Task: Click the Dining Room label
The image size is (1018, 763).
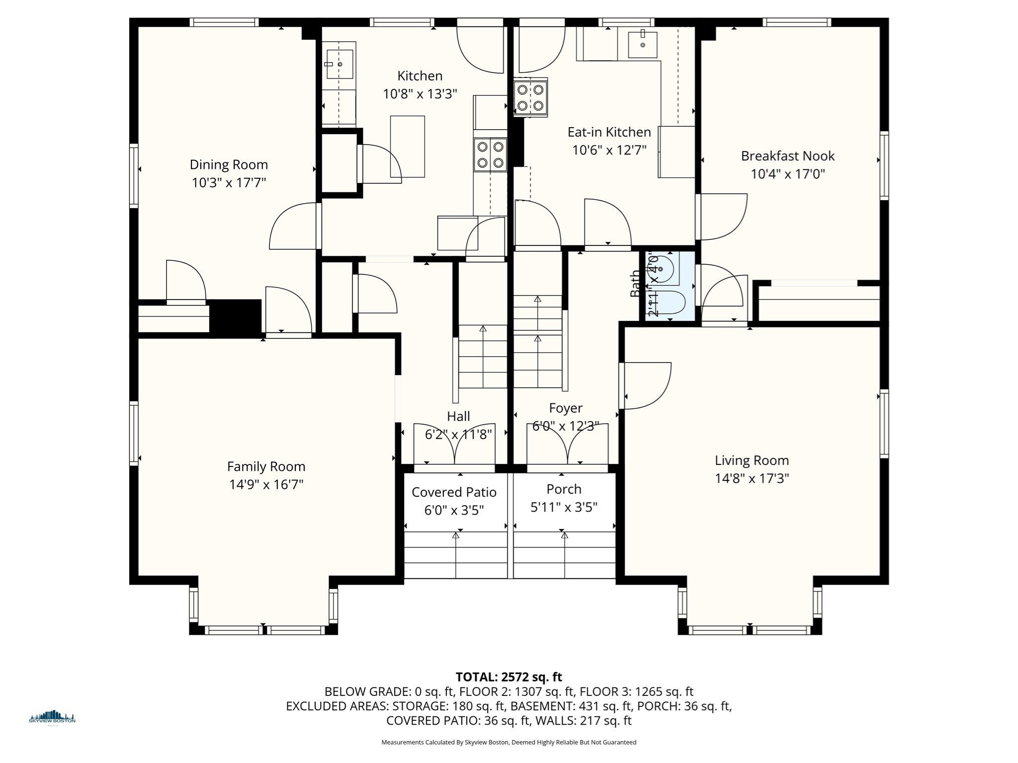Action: click(x=229, y=164)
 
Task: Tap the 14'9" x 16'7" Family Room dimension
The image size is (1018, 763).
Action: click(x=266, y=484)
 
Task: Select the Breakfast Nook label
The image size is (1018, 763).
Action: click(x=787, y=156)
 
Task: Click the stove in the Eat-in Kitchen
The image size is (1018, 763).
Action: click(x=530, y=98)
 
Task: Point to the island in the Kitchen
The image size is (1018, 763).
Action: click(x=408, y=147)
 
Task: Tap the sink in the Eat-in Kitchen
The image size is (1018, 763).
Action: click(x=642, y=45)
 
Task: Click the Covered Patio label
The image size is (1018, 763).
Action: click(x=454, y=492)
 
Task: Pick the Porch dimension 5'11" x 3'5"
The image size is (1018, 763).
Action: click(x=564, y=507)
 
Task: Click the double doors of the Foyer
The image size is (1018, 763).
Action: click(x=567, y=447)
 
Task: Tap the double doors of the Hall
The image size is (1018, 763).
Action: click(x=454, y=447)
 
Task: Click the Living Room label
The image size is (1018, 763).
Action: click(x=752, y=460)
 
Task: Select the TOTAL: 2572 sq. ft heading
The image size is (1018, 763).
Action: click(x=509, y=677)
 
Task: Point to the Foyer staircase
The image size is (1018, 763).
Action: click(x=537, y=343)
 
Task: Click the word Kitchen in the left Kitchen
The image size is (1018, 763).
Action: click(x=420, y=76)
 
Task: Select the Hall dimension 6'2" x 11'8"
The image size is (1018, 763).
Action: click(x=458, y=435)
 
